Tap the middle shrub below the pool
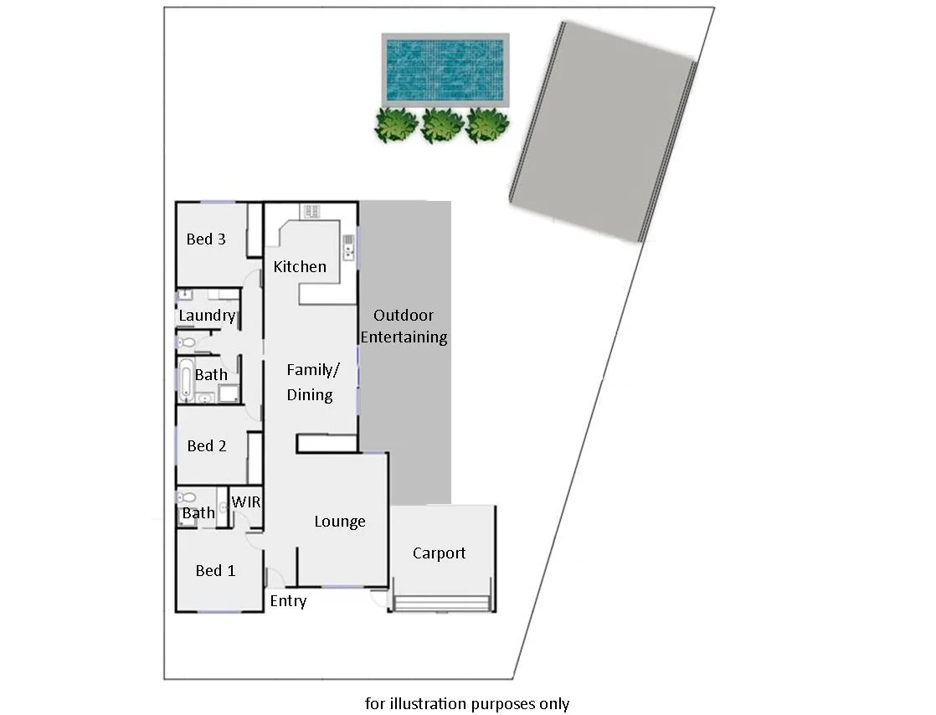coord(442,125)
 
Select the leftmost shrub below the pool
coord(395,125)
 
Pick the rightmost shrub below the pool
coord(487,125)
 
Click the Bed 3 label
coord(206,239)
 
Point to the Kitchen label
coord(300,267)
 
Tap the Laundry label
coord(207,316)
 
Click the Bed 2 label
coord(207,446)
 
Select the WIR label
coord(246,503)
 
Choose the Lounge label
coord(340,522)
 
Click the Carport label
coord(440,553)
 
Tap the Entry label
coord(288,601)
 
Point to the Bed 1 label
coord(215,571)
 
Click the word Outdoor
coord(404,316)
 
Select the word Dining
coord(310,395)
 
